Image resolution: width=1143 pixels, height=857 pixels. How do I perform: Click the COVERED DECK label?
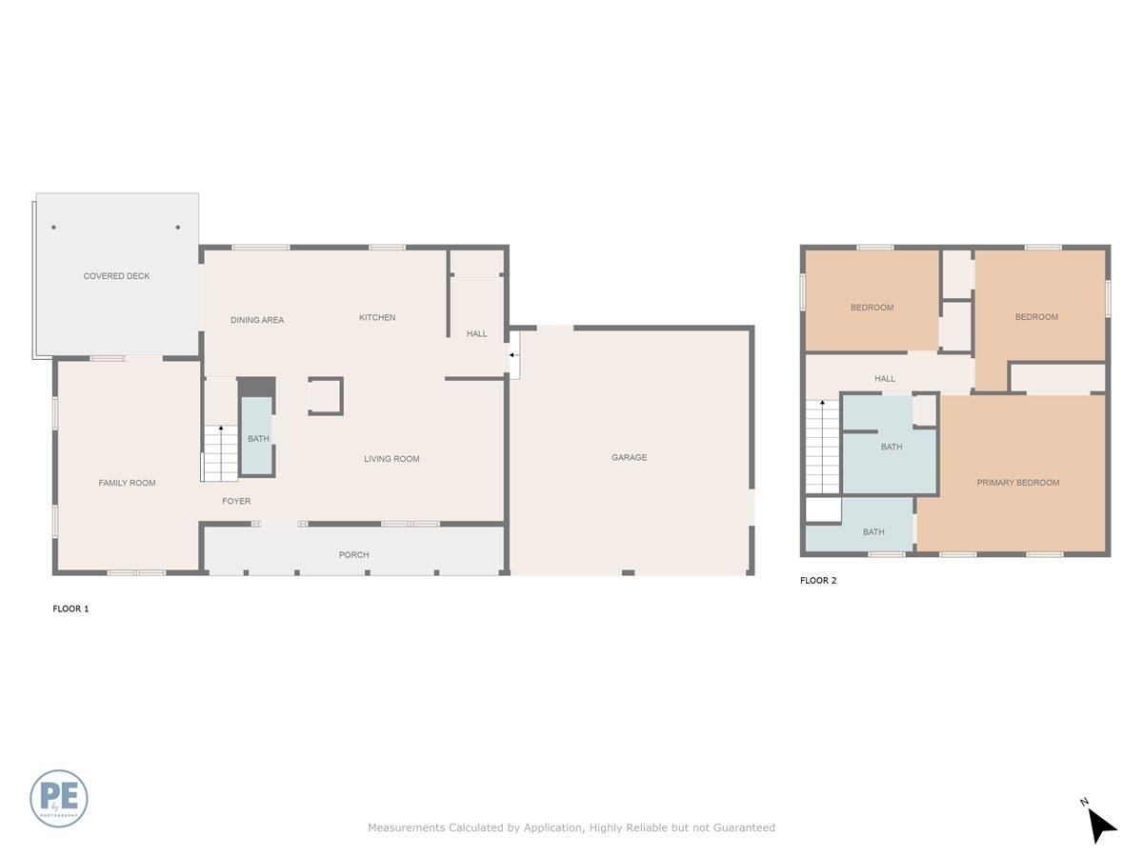[116, 276]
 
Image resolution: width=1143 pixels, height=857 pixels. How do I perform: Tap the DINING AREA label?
[257, 320]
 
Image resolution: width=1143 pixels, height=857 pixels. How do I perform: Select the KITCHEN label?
[377, 317]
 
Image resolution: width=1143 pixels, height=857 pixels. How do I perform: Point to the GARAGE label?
[629, 457]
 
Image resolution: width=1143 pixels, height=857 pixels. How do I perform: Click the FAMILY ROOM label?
[127, 483]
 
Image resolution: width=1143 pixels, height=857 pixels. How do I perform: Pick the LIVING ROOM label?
[391, 459]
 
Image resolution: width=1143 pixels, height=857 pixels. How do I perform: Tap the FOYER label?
[236, 501]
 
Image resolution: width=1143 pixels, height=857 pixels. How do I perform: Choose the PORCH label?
[353, 554]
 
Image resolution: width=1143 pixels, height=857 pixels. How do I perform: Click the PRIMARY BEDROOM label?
[1017, 483]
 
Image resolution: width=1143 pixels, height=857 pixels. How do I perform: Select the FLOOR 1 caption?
[70, 608]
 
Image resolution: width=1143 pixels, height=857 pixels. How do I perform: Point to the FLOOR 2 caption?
[818, 580]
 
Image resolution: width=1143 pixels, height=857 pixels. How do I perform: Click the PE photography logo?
[59, 798]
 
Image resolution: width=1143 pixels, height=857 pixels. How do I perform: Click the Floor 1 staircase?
[220, 453]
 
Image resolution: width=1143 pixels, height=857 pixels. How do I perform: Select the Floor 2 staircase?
[822, 447]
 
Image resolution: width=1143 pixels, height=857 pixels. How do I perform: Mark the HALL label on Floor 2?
[885, 379]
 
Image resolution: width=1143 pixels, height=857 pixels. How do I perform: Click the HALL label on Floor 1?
[476, 333]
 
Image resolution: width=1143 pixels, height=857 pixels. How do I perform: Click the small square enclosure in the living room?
[325, 396]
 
